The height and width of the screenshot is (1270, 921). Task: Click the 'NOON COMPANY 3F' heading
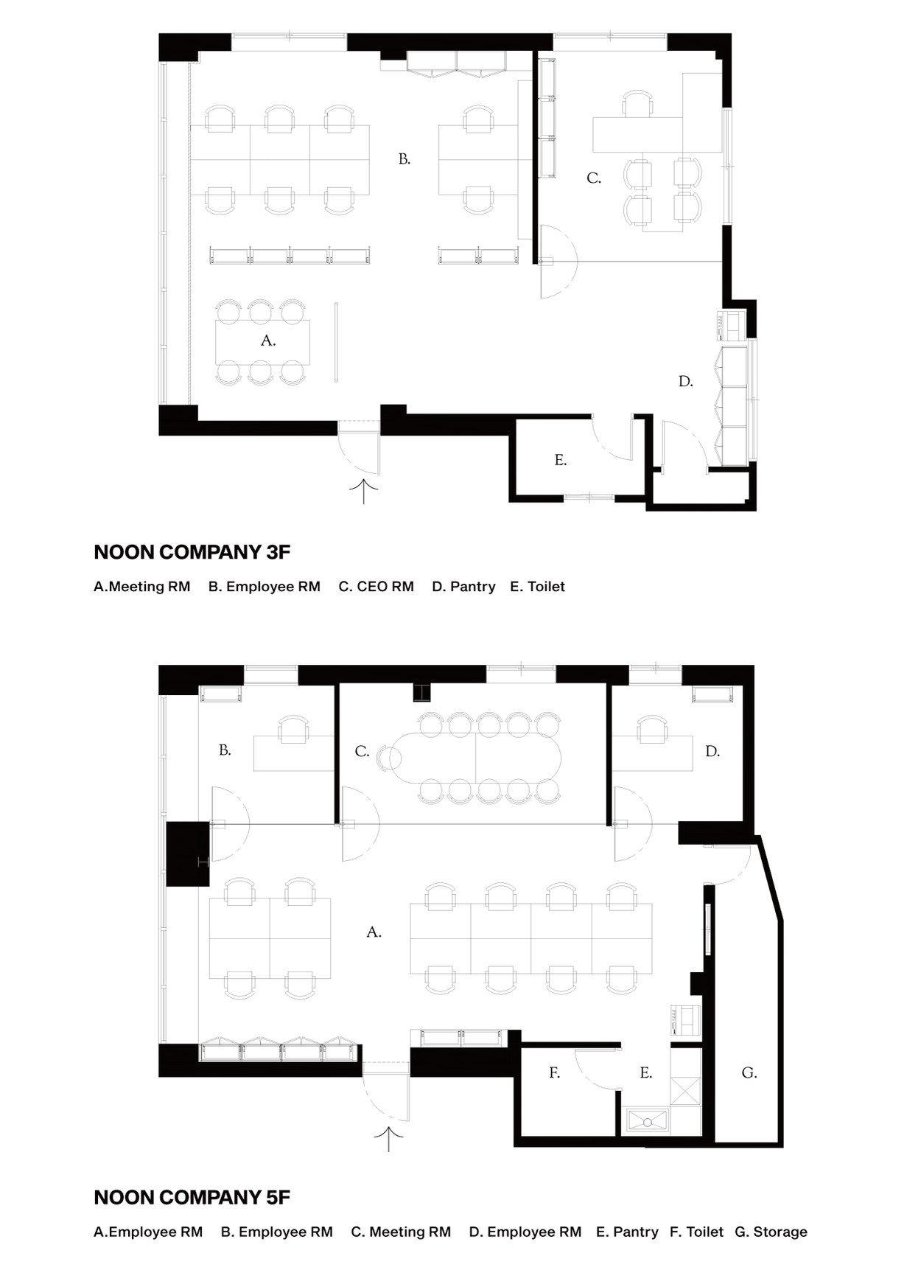(192, 552)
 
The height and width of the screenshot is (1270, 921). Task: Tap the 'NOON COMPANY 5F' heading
(192, 1198)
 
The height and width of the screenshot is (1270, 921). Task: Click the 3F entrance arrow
(363, 492)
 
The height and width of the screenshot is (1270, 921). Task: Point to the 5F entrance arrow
(389, 1139)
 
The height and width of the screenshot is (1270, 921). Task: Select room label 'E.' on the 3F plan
(561, 460)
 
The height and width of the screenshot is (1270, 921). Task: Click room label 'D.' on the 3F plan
(686, 381)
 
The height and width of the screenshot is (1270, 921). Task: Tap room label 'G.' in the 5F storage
(749, 1073)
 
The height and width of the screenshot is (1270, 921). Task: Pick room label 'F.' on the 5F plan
(555, 1073)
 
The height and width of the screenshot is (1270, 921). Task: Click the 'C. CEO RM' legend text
(377, 587)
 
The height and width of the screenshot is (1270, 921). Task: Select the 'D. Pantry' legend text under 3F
(464, 587)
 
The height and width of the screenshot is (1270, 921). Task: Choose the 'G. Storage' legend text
(771, 1232)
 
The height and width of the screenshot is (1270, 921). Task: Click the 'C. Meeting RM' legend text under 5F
(401, 1232)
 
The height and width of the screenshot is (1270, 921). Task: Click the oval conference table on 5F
(475, 757)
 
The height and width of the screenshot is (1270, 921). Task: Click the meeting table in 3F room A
(262, 342)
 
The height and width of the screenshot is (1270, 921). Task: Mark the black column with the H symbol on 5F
(188, 854)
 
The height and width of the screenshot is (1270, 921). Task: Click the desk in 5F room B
(293, 753)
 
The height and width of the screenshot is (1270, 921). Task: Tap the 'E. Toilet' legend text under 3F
(538, 587)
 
